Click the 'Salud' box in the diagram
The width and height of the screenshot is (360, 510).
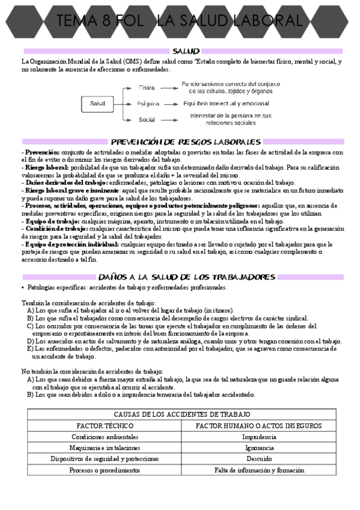click(97, 103)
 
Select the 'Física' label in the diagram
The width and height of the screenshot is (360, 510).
click(147, 88)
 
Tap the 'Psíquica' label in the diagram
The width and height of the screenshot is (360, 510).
click(148, 103)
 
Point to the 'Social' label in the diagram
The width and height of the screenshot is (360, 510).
click(147, 120)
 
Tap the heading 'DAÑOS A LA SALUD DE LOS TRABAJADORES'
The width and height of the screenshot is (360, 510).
click(186, 277)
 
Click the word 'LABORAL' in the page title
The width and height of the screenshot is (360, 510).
click(266, 22)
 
